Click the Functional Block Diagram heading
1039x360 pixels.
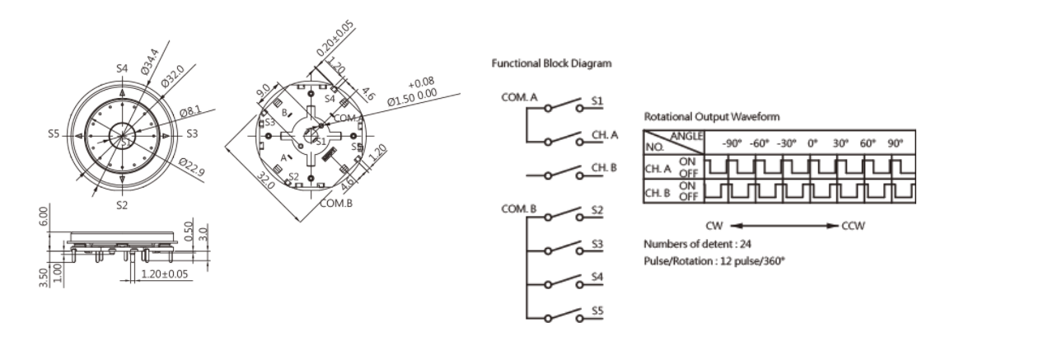point(551,63)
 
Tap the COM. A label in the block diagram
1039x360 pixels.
point(519,97)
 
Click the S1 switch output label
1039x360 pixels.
point(597,101)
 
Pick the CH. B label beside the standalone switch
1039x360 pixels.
point(604,168)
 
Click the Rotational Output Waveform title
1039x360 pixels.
point(711,117)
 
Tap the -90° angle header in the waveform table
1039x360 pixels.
point(732,143)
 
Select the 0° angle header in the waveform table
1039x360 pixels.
point(812,143)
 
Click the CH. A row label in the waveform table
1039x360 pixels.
point(658,169)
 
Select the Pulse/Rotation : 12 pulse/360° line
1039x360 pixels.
point(714,260)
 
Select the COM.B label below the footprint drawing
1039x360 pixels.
point(336,203)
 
